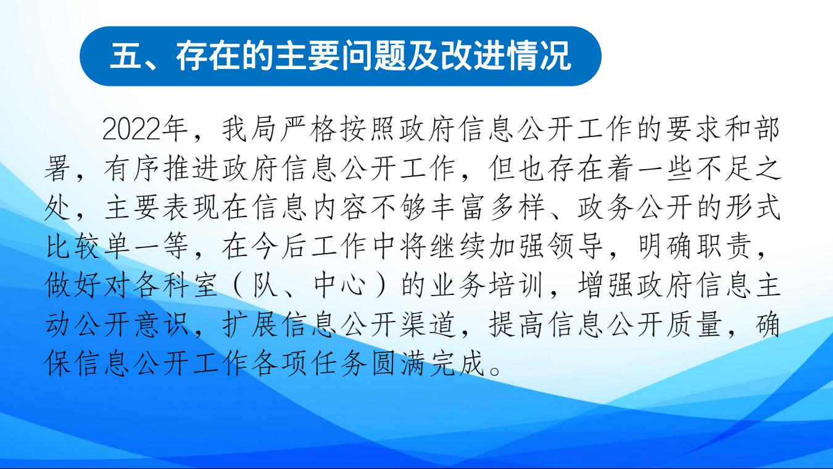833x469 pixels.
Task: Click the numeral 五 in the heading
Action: tap(126, 56)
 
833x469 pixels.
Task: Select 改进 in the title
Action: tap(471, 56)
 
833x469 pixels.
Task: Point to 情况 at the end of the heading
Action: tap(539, 56)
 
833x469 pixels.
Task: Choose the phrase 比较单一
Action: tap(102, 247)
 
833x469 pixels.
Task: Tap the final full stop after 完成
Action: tap(495, 371)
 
